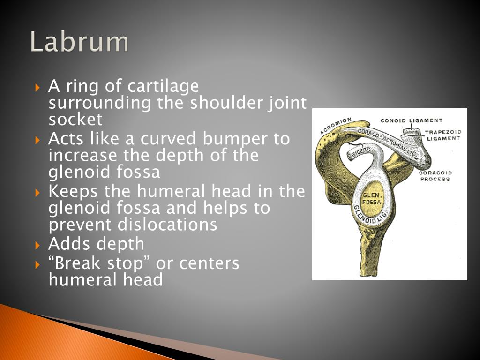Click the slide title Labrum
[x=79, y=42]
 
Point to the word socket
[x=75, y=120]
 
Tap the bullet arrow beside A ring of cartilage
[x=38, y=88]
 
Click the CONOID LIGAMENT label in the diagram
[x=412, y=120]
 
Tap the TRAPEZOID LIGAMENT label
[x=443, y=135]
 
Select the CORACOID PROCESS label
[x=435, y=176]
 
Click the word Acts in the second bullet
[x=65, y=139]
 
